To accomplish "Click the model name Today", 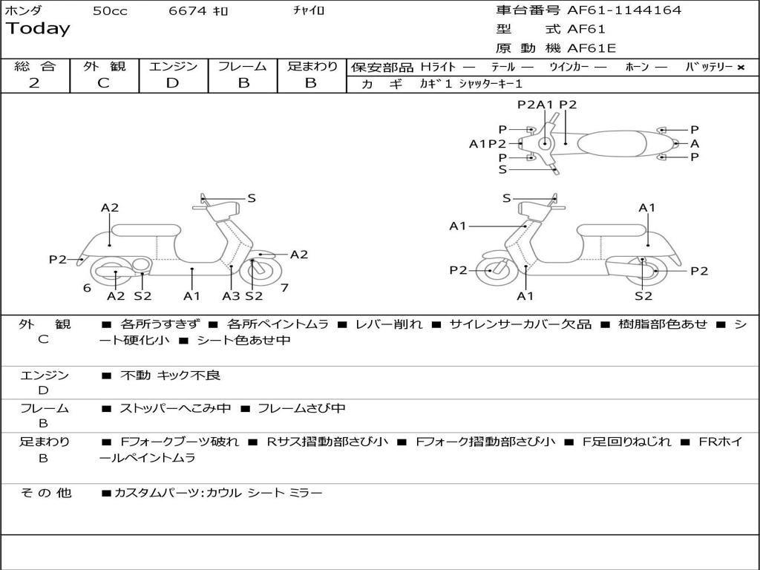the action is [38, 29].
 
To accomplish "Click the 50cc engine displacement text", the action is [110, 11].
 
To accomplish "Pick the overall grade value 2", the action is [34, 83].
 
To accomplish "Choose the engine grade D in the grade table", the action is [172, 83].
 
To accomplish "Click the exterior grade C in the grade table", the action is [103, 83].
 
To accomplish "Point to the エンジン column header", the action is [173, 66].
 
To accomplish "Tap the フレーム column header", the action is [242, 66].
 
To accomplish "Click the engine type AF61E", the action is [592, 49].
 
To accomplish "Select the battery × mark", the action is [740, 67].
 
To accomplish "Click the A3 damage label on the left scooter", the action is [231, 296].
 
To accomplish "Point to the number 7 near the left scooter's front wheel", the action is [284, 287].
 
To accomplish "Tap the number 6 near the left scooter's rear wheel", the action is [87, 287].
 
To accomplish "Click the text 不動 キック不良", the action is [171, 376].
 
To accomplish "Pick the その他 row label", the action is [45, 493].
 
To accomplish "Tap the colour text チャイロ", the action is [309, 11].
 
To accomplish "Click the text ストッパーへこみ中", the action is [175, 408].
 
